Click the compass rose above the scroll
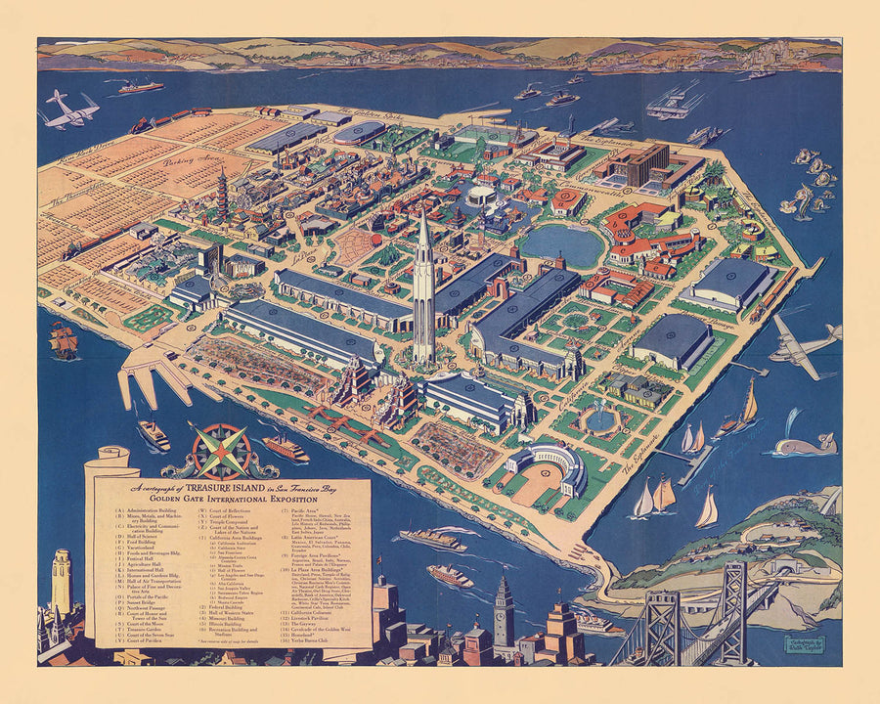(x=221, y=451)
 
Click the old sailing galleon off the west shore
(x=64, y=339)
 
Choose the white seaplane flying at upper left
(x=70, y=110)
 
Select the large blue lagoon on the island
(x=562, y=244)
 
